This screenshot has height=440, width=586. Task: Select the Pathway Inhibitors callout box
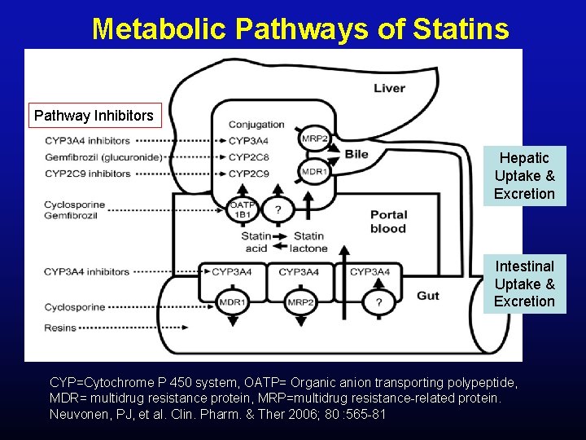(94, 116)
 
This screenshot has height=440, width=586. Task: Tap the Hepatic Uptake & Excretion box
(524, 175)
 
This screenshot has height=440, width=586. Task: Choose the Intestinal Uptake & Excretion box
(524, 284)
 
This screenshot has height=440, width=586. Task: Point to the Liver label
(389, 88)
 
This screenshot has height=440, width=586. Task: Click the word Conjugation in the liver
(256, 125)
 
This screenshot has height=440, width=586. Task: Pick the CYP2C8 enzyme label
(248, 156)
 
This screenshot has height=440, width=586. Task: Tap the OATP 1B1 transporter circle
(243, 209)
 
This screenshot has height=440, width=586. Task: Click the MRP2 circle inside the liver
(314, 139)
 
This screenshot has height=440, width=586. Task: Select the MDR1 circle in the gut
(233, 303)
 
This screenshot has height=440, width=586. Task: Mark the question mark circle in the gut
(378, 303)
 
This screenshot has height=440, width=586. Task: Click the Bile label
(356, 154)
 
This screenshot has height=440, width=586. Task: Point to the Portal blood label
(388, 222)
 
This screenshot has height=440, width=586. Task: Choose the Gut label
(428, 295)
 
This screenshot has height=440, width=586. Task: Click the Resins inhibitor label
(60, 328)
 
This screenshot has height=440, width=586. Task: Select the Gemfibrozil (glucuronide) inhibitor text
(103, 156)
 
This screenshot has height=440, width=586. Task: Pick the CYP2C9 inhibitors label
(87, 173)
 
